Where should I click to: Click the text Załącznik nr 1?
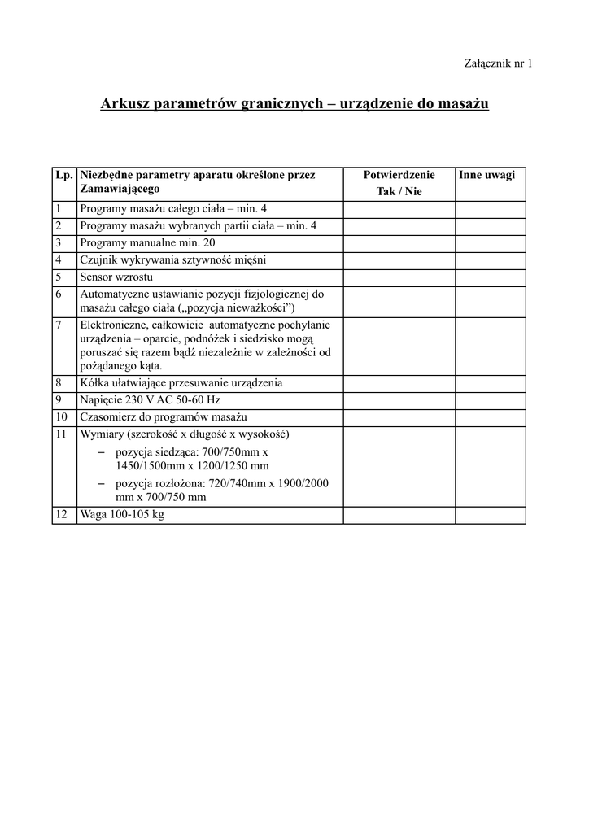pyautogui.click(x=498, y=63)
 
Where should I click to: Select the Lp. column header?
pyautogui.click(x=64, y=175)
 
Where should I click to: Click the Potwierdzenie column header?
pyautogui.click(x=399, y=175)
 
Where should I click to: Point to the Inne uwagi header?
pyautogui.click(x=487, y=175)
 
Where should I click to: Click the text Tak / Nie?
pyautogui.click(x=399, y=192)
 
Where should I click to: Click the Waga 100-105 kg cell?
pyautogui.click(x=122, y=515)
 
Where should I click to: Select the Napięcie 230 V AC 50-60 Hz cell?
pyautogui.click(x=151, y=399)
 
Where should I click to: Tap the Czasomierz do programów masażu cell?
pyautogui.click(x=152, y=416)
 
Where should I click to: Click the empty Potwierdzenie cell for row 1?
pyautogui.click(x=399, y=209)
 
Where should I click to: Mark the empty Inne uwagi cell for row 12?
pyautogui.click(x=490, y=515)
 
